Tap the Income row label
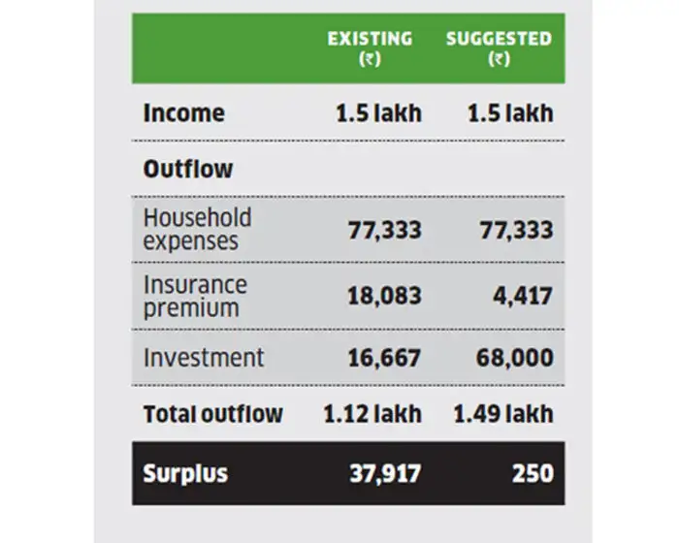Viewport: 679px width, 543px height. tap(183, 112)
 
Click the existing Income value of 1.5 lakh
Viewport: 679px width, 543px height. tap(378, 112)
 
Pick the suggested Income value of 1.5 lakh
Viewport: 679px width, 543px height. tap(509, 112)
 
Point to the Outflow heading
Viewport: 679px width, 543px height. tap(188, 169)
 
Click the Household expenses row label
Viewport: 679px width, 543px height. tap(197, 229)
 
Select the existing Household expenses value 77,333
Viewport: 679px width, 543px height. tap(384, 230)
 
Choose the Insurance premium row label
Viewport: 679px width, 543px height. tap(195, 296)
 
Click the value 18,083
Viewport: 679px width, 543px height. tap(384, 296)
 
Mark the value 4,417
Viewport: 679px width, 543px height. tap(524, 296)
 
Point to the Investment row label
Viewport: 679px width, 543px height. tap(203, 357)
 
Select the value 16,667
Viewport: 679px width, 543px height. tap(384, 358)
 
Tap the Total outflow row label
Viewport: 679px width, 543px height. tap(212, 414)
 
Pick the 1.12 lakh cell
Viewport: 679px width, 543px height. tap(373, 414)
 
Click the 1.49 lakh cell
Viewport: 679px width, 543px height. tap(503, 414)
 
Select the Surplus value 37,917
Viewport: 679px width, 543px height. tap(385, 474)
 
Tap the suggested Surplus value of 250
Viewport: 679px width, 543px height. tap(534, 474)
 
